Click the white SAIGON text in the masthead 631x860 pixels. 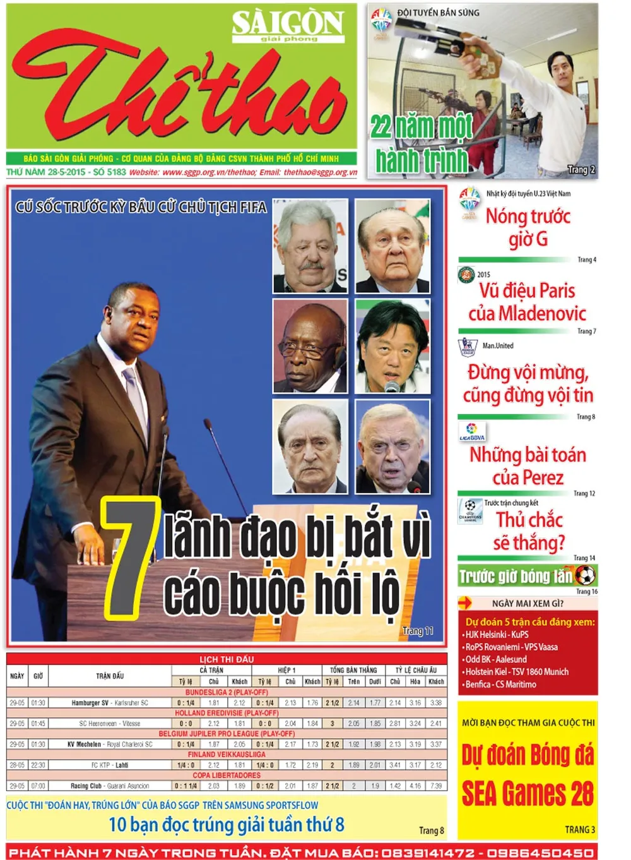pos(288,23)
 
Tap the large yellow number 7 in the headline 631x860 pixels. pos(132,556)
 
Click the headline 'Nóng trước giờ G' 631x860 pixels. pos(528,227)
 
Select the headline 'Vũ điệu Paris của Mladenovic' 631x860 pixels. pos(527,302)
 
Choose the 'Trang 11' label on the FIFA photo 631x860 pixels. pos(418,631)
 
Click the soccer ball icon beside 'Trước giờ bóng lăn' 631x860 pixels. pos(585,575)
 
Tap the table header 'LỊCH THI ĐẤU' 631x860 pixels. pos(227,659)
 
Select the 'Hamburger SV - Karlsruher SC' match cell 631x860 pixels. pos(110,703)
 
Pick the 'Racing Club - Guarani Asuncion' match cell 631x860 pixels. pos(110,786)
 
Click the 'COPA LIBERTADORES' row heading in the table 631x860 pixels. pos(227,775)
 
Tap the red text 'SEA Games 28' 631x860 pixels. pos(528,794)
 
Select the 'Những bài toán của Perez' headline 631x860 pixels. pos(528,466)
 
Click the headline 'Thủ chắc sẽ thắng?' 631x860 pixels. pos(529,531)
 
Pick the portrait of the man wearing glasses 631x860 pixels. pos(310,346)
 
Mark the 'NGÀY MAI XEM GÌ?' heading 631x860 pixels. pos(528,603)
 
